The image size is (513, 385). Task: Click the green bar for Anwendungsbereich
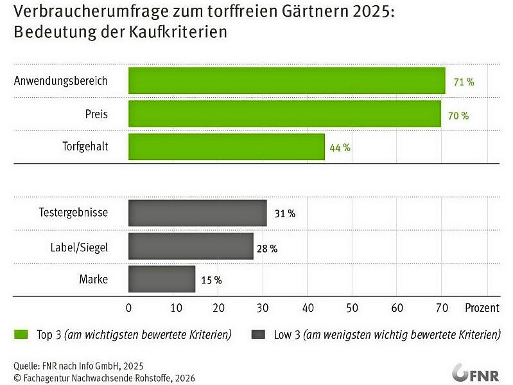click(x=286, y=81)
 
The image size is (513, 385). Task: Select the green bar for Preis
click(x=284, y=114)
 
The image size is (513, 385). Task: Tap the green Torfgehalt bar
click(x=227, y=147)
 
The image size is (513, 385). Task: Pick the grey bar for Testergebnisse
click(x=197, y=213)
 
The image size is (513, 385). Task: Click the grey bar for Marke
click(x=162, y=280)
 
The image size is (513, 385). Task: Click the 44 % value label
click(x=340, y=148)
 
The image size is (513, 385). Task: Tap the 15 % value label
click(x=211, y=280)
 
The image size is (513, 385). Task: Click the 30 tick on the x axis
click(x=263, y=308)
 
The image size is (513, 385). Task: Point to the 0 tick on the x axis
click(x=129, y=308)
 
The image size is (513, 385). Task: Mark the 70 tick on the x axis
click(x=442, y=308)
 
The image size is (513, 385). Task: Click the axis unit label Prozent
click(x=482, y=308)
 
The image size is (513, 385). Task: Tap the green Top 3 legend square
click(x=21, y=334)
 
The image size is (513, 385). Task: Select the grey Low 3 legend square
click(x=258, y=334)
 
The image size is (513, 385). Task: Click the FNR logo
click(x=475, y=373)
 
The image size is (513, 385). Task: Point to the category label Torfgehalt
click(x=85, y=147)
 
